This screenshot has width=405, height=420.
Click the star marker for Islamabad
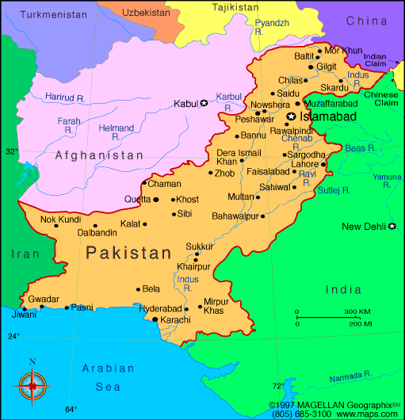pos(291,116)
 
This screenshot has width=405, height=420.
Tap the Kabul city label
pos(185,103)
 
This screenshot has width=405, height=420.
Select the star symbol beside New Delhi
pos(392,227)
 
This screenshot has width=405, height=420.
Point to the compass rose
pos(32,385)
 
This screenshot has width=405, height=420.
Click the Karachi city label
pos(175,319)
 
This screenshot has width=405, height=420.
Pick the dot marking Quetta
pos(145,200)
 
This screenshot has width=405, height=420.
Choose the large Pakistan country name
pos(129,254)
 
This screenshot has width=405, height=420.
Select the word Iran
pos(24,254)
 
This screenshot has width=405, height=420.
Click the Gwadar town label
pos(44,299)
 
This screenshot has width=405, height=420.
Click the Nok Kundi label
pos(61,219)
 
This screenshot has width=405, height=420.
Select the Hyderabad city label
pos(160,308)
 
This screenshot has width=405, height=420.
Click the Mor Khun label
pos(343,51)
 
